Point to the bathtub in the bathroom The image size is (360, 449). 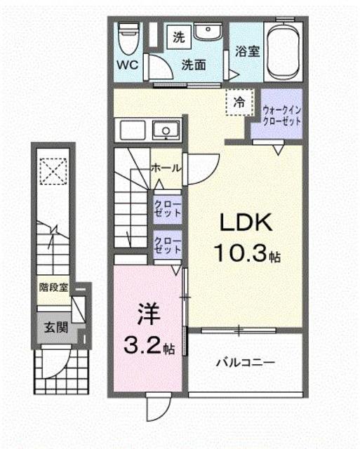[283, 51]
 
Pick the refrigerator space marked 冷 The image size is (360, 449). [239, 102]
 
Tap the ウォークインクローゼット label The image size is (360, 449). [281, 115]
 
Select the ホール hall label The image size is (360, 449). [166, 168]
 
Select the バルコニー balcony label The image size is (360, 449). [245, 363]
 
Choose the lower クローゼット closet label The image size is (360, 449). [168, 246]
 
